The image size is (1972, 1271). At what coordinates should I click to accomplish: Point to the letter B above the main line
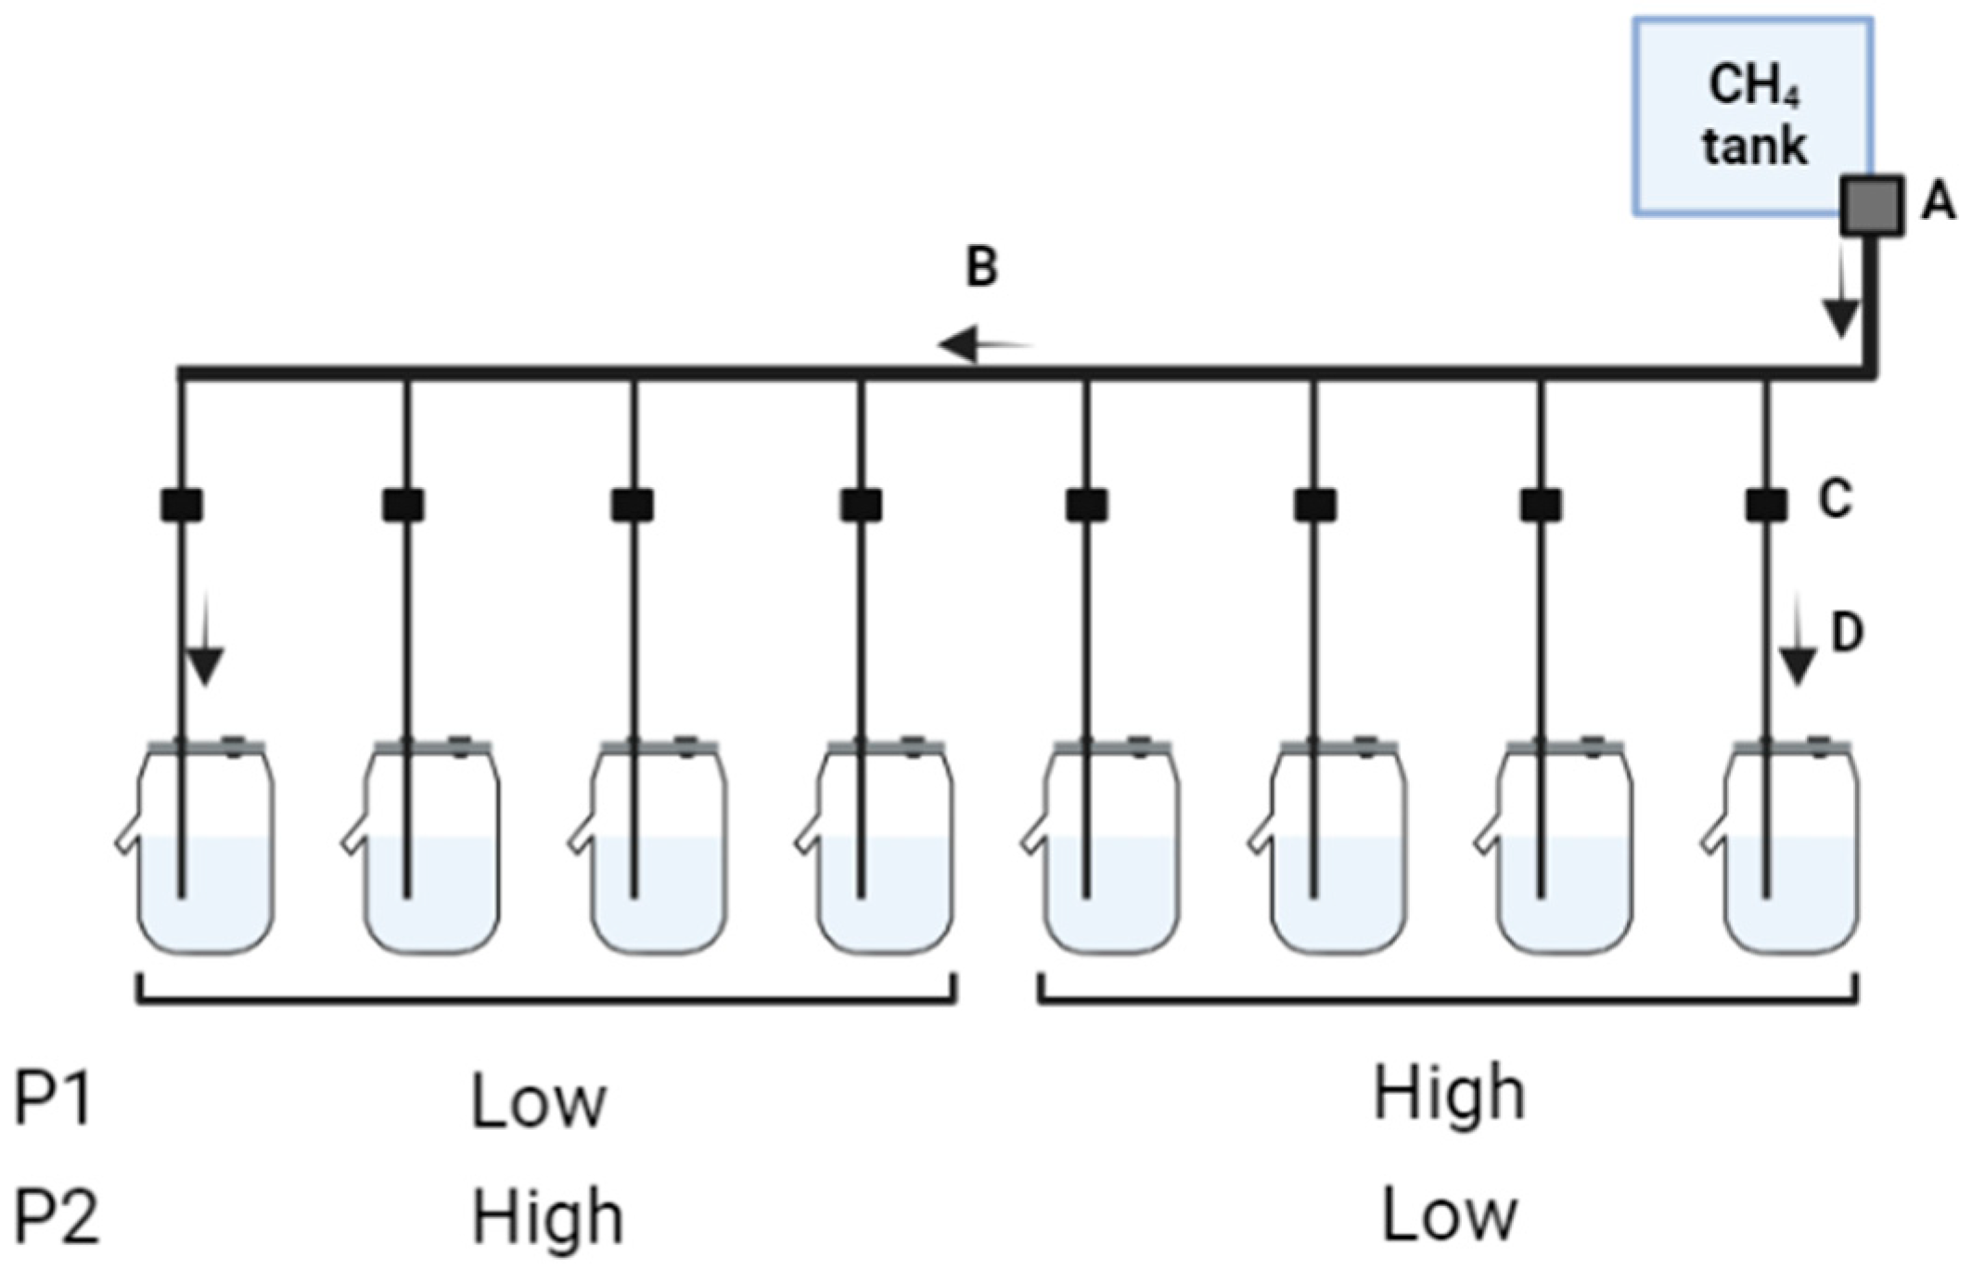click(x=982, y=267)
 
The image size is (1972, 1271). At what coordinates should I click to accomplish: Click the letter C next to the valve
click(x=1835, y=500)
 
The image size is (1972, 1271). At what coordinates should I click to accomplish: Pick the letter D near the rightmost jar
click(x=1846, y=633)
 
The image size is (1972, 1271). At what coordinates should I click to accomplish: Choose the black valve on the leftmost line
click(x=182, y=506)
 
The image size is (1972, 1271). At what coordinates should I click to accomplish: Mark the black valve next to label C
click(x=1766, y=506)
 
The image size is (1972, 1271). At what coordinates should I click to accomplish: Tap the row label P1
click(x=54, y=1099)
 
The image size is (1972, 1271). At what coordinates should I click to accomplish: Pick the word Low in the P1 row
click(x=538, y=1102)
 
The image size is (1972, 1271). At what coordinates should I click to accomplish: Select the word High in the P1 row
click(x=1449, y=1095)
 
